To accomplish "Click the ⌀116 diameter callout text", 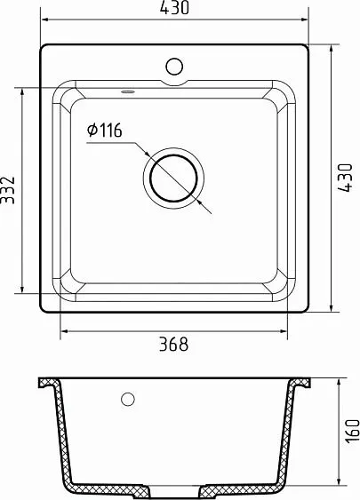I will point(105,131).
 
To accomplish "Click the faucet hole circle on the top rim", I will point(174,65).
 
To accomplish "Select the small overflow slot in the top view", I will point(127,90).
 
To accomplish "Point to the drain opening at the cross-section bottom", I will point(173,490).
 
